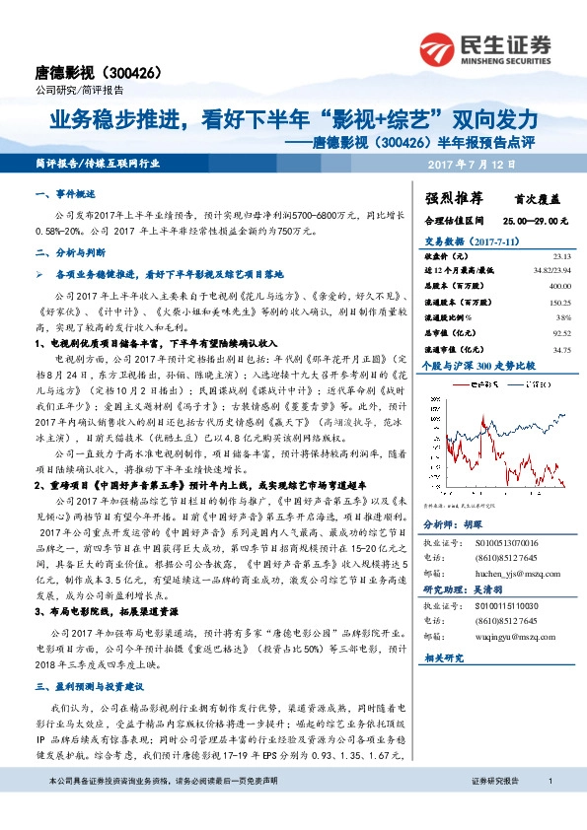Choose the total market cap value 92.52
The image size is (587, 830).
559,335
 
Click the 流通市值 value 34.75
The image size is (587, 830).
559,349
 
